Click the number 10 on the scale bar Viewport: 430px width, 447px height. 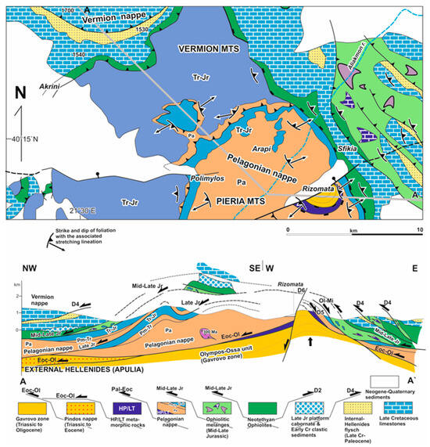[420, 232]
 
